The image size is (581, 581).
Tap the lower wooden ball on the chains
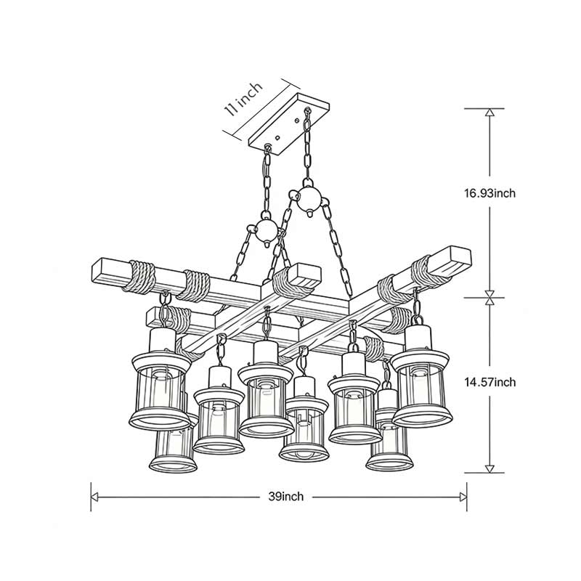pyautogui.click(x=267, y=231)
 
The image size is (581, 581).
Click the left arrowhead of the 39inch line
pyautogui.click(x=95, y=497)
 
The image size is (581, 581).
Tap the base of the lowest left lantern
pyautogui.click(x=173, y=463)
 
